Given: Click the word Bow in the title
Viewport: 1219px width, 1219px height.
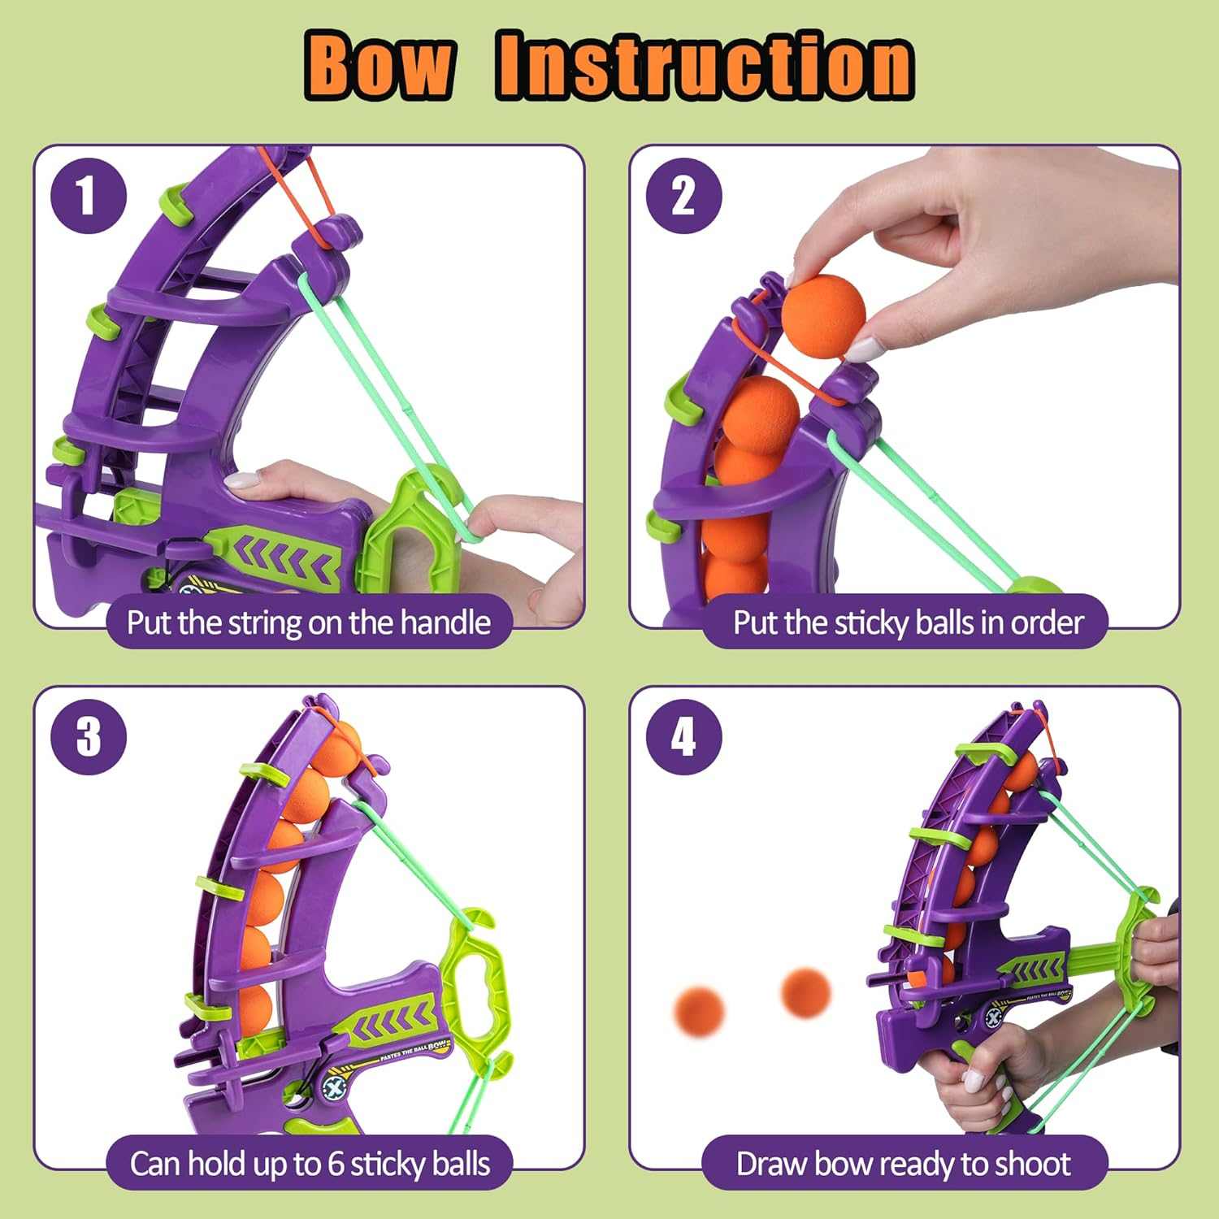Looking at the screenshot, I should coord(380,65).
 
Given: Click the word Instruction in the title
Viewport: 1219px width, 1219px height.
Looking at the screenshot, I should coord(705,65).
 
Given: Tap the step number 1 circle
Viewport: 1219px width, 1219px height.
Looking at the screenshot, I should coord(88,196).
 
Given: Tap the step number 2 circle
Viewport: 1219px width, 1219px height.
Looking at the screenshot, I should coord(683,196).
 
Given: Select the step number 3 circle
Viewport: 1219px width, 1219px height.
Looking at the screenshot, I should coord(88,737).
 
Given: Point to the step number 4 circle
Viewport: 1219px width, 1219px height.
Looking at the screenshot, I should coord(683,737).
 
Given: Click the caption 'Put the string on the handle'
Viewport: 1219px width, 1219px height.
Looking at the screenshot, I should coord(309,623).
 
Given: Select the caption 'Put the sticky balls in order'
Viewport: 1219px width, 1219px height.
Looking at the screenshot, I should coord(907,623).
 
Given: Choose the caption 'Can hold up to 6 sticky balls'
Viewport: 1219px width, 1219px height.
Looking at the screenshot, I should coord(309,1164).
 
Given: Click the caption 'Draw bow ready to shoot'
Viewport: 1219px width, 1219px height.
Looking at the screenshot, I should coord(904,1164).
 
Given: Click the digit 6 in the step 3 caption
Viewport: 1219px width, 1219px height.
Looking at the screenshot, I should coord(336,1164).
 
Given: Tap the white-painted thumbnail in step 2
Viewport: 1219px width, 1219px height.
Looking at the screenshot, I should coord(863,350).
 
